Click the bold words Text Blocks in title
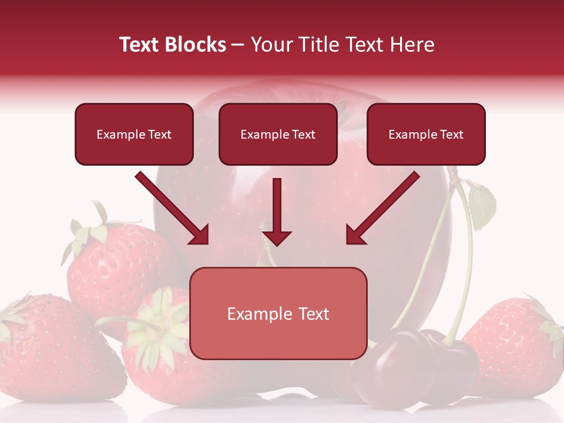pos(173,45)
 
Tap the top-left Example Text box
pos(134,135)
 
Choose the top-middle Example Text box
pos(278,135)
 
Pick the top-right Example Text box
pos(426,135)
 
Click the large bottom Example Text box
pos(278,314)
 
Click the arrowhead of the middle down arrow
pos(277,237)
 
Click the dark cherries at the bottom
pos(411,364)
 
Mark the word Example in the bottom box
pos(254,314)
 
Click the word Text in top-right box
pos(451,135)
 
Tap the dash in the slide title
pos(238,45)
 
